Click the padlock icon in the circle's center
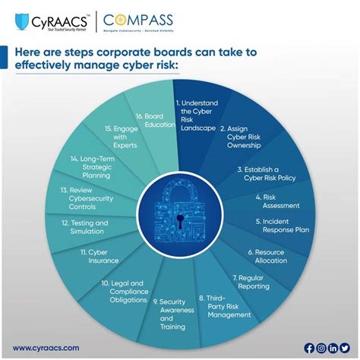click(x=181, y=210)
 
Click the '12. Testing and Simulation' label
click(x=85, y=227)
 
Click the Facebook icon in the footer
click(x=308, y=348)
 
